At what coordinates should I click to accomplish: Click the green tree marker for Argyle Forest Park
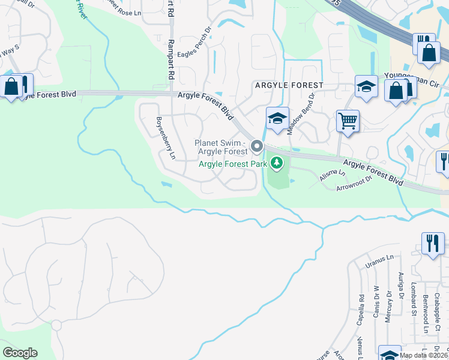pyautogui.click(x=276, y=162)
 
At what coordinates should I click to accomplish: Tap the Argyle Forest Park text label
pyautogui.click(x=232, y=164)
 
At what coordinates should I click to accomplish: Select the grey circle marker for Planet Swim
pyautogui.click(x=257, y=146)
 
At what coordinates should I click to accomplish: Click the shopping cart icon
pyautogui.click(x=347, y=121)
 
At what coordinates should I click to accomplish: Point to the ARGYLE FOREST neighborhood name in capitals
pyautogui.click(x=289, y=86)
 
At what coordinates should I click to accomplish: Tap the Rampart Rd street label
pyautogui.click(x=171, y=59)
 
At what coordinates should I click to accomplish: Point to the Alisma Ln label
pyautogui.click(x=333, y=176)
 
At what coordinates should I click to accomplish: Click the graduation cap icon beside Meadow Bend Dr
pyautogui.click(x=277, y=118)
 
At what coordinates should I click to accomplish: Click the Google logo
pyautogui.click(x=19, y=353)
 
